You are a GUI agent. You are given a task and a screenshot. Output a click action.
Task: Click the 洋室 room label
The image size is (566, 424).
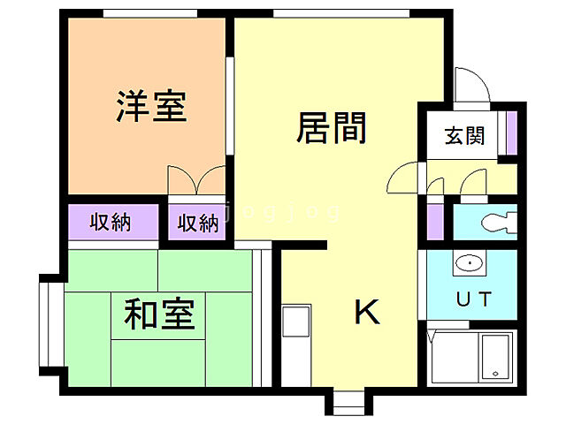click(150, 107)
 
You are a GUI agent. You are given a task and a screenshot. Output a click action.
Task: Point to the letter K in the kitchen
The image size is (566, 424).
click(367, 312)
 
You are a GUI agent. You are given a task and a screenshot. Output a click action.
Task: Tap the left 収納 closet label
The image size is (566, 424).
click(111, 222)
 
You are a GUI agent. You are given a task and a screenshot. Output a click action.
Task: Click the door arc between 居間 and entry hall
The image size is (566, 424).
click(402, 179)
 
